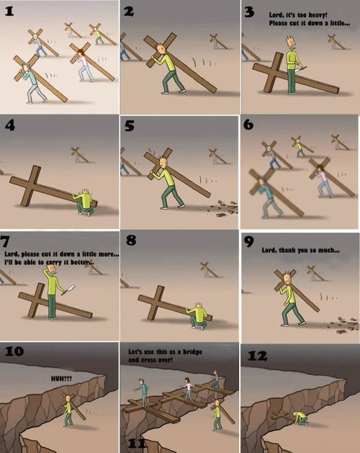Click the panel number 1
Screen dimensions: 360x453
tap(9, 12)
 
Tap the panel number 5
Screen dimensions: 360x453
tap(130, 126)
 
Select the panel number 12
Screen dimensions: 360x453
tap(257, 356)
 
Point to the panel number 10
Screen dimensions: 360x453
tap(14, 351)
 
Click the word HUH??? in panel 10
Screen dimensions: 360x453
tap(61, 378)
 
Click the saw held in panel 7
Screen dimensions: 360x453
tap(68, 290)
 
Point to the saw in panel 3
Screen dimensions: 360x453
tap(300, 68)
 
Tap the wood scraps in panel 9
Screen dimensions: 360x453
tap(343, 325)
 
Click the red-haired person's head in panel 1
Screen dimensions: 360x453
tap(81, 53)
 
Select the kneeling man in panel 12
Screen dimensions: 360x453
tap(300, 418)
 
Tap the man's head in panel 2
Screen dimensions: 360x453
tap(162, 49)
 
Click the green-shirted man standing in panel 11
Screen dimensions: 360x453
tap(217, 415)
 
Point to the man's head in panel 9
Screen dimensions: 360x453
tap(287, 279)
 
